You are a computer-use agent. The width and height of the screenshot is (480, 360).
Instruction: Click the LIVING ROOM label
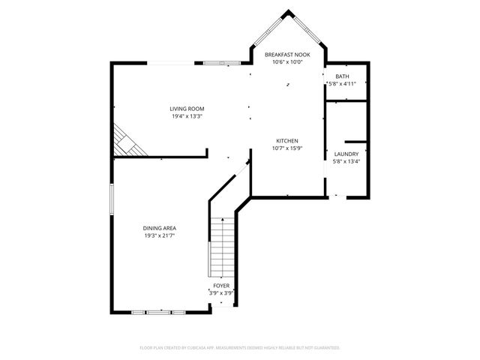pyautogui.click(x=187, y=109)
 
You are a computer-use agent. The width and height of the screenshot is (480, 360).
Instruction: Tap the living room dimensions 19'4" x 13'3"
pyautogui.click(x=187, y=116)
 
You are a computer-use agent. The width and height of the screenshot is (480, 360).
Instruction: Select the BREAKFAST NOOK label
pyautogui.click(x=288, y=55)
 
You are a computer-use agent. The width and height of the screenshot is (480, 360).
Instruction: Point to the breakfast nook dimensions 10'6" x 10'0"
pyautogui.click(x=288, y=62)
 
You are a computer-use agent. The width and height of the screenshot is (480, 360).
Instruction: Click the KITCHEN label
pyautogui.click(x=288, y=141)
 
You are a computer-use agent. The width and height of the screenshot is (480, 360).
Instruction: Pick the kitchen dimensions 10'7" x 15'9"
pyautogui.click(x=288, y=148)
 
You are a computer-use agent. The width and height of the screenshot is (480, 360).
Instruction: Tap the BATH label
pyautogui.click(x=342, y=76)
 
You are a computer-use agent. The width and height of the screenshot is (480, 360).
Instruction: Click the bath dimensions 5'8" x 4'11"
pyautogui.click(x=342, y=84)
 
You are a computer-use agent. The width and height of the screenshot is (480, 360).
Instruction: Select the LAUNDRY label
pyautogui.click(x=346, y=154)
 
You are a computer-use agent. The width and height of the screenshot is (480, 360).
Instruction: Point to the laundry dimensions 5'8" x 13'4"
pyautogui.click(x=346, y=161)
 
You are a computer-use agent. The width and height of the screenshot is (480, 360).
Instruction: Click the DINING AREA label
pyautogui.click(x=160, y=228)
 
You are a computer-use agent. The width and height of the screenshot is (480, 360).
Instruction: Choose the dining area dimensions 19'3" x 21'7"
pyautogui.click(x=160, y=235)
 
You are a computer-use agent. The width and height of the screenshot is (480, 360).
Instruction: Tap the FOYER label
pyautogui.click(x=221, y=286)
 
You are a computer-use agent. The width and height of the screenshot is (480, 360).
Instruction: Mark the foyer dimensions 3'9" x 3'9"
pyautogui.click(x=221, y=293)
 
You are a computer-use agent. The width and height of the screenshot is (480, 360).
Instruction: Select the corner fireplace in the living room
pyautogui.click(x=124, y=141)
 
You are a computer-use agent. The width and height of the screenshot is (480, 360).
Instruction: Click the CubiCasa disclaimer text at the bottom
pyautogui.click(x=240, y=348)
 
